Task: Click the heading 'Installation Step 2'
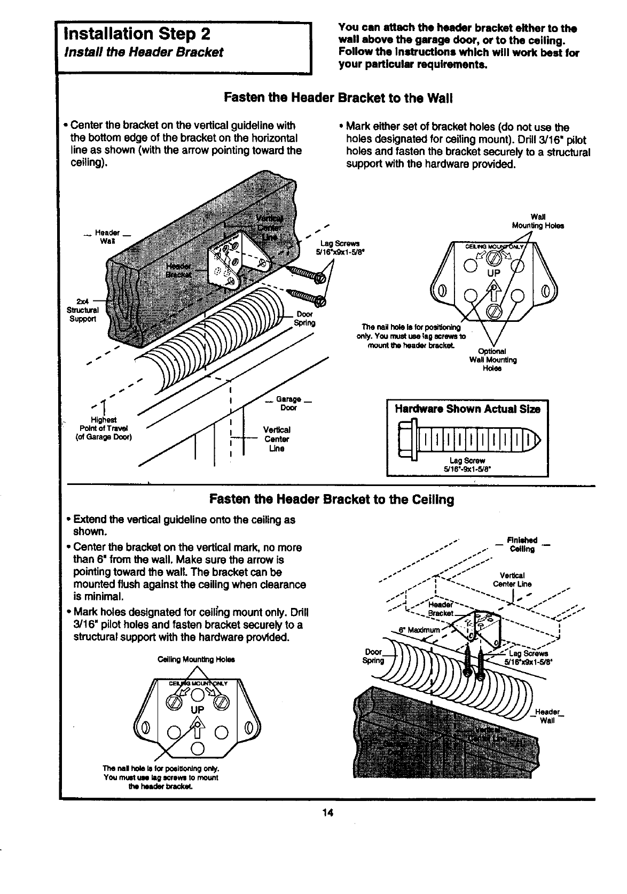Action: coord(136,34)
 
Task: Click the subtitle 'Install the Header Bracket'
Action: coord(143,52)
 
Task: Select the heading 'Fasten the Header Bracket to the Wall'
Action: coord(339,98)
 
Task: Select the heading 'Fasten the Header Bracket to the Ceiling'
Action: coord(332,499)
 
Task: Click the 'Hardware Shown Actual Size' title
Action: coord(467,410)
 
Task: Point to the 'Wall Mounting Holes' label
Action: coord(537,221)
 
